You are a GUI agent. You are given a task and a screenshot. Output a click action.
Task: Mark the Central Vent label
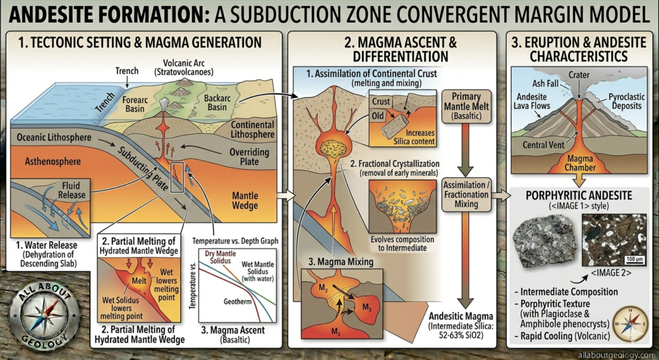[x=543, y=145]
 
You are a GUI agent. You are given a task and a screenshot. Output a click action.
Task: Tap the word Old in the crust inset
[x=379, y=117]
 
